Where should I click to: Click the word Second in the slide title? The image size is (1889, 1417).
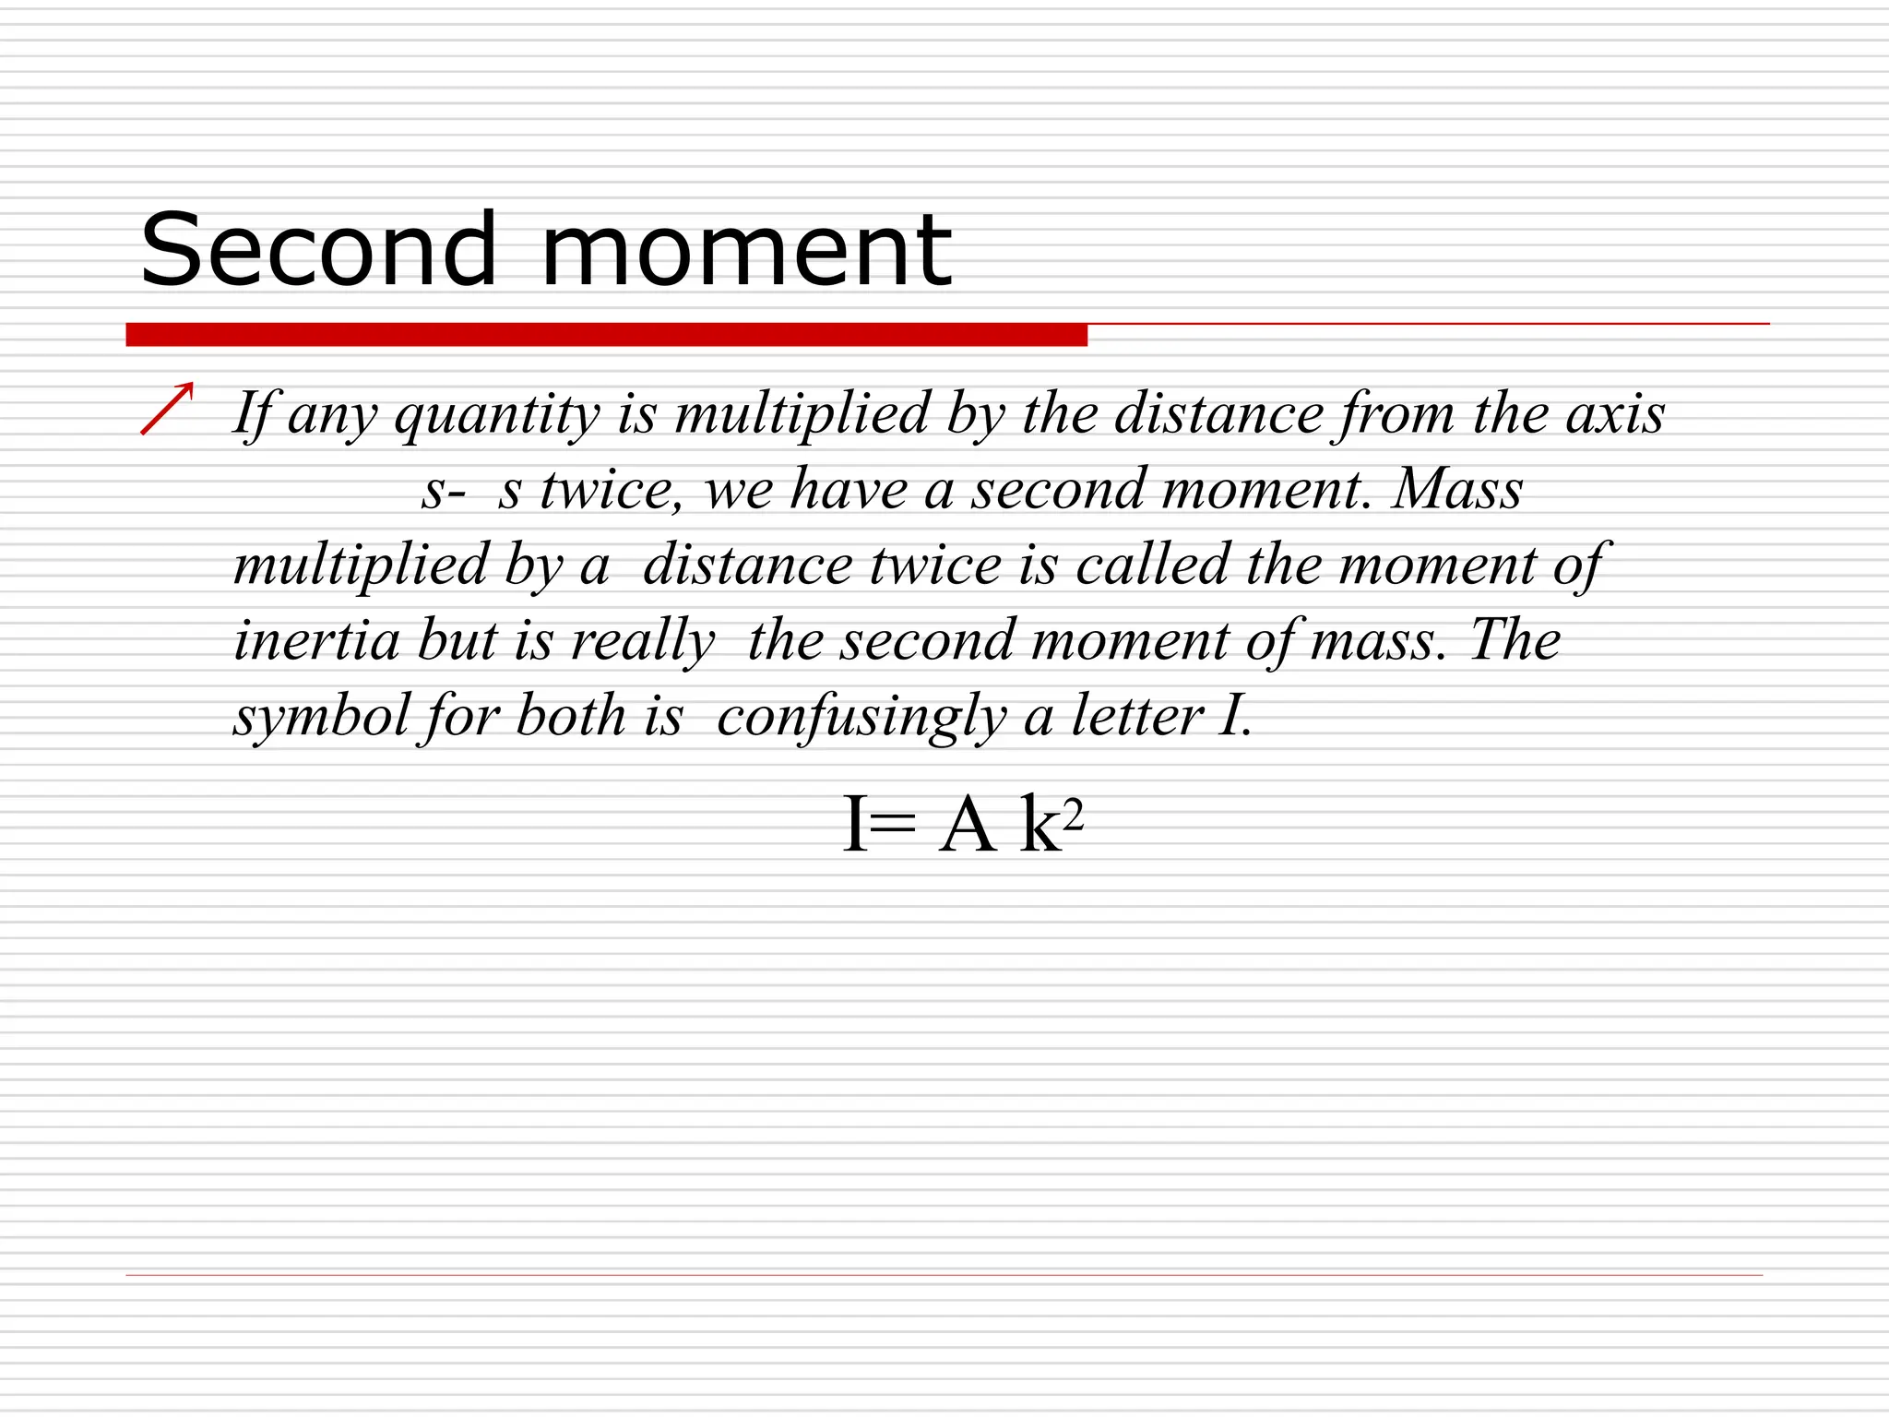pos(318,249)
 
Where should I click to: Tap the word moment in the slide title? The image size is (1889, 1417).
pos(745,251)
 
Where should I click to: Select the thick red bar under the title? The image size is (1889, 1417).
pos(606,335)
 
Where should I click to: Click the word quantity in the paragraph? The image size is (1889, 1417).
pos(497,414)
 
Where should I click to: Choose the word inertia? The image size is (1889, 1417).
pos(316,640)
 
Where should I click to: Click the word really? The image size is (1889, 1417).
pos(642,642)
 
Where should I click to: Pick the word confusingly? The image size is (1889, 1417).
pos(861,718)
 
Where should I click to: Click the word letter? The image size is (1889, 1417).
pos(1137,716)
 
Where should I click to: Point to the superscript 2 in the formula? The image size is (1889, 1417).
pos(1073,813)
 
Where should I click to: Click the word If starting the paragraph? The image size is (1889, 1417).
pos(250,414)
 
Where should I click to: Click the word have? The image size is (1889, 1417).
pos(849,489)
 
